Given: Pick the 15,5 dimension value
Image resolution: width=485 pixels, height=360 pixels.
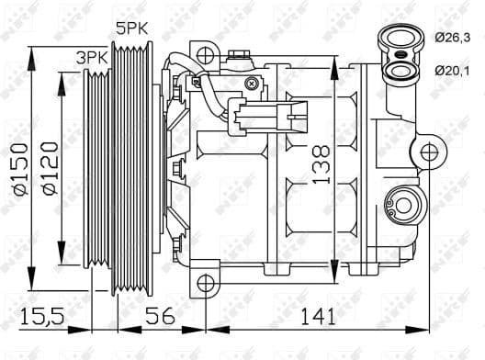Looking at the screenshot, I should [x=42, y=317].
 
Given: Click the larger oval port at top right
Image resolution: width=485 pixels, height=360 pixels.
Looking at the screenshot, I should [x=399, y=39].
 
